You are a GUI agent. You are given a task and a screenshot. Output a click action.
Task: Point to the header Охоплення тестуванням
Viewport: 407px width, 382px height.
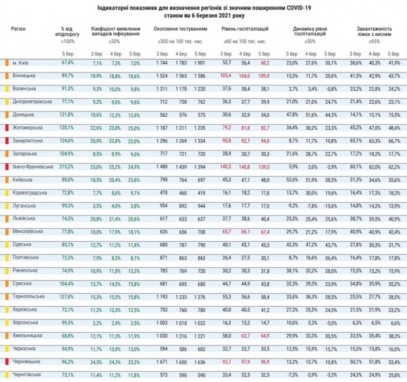(180, 28)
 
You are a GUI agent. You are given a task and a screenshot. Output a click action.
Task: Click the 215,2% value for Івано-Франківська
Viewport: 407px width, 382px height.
(67, 166)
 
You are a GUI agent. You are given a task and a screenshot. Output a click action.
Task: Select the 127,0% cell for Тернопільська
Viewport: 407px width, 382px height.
(67, 296)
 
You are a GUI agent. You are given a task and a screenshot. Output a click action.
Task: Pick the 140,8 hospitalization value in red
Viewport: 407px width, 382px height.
(245, 166)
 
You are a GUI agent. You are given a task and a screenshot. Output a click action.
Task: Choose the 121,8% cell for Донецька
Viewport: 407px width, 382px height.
(67, 114)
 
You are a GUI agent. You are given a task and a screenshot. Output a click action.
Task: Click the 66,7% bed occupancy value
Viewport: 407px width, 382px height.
(393, 140)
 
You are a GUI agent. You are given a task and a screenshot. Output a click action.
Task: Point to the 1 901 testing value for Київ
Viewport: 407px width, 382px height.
(201, 62)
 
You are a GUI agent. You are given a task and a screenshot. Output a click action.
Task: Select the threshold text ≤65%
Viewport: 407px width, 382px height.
(373, 42)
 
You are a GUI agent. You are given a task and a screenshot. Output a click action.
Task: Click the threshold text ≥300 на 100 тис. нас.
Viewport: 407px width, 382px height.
(180, 42)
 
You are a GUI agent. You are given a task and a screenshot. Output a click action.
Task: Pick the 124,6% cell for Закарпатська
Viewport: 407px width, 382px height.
(67, 140)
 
